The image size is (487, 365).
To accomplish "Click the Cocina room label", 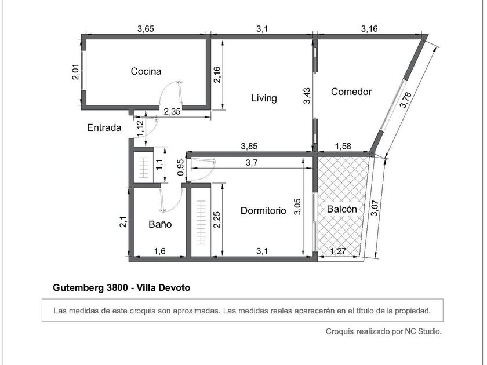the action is [146, 71].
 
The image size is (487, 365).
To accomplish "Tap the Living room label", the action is [264, 98].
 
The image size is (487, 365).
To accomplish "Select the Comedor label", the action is [351, 92].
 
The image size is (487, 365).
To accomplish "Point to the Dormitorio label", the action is [263, 211].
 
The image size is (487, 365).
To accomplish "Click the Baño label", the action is [160, 224].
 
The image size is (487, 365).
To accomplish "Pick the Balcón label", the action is [342, 209].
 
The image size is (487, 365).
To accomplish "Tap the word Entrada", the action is [104, 127].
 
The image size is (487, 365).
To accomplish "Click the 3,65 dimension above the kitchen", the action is [146, 29].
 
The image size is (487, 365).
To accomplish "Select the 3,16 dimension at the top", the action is [369, 29].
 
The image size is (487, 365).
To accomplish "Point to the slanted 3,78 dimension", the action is [406, 100].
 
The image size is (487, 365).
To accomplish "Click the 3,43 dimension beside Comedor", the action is [307, 96].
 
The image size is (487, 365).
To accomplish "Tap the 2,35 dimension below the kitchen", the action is [172, 111].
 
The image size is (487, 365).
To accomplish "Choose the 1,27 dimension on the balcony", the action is [338, 251].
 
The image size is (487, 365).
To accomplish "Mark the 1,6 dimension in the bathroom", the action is [160, 251].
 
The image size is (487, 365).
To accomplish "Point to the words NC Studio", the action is [423, 331].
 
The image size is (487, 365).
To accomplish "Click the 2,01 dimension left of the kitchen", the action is [76, 72].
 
